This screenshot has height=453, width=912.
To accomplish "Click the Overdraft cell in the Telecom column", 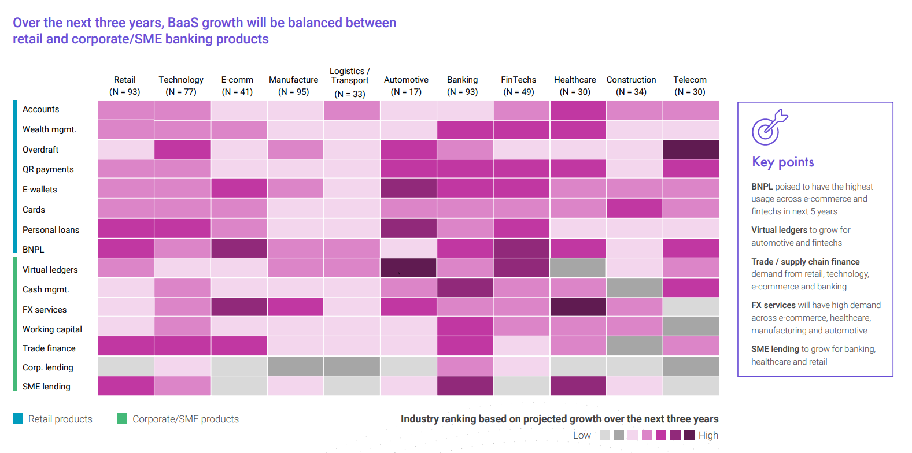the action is tap(691, 149).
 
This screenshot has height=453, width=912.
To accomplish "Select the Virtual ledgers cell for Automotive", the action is tap(408, 268).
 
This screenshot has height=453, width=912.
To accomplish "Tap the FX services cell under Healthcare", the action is tap(578, 307).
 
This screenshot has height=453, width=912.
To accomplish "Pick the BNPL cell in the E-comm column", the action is tap(239, 248).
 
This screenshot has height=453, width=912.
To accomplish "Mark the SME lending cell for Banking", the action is tap(465, 386).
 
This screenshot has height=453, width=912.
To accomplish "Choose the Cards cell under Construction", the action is tap(634, 208).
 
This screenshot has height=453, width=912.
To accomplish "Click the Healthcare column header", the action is tap(575, 86).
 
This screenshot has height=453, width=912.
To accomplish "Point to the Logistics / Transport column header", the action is tap(350, 83).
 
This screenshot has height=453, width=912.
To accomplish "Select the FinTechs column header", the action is tap(518, 86).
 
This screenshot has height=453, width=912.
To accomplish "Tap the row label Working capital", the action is tap(52, 329).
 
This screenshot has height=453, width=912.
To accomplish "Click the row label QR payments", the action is tap(48, 169).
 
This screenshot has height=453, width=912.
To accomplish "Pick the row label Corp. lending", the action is tap(47, 367).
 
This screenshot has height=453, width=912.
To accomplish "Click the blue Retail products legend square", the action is tap(18, 418).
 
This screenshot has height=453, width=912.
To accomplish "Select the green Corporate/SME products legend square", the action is tap(122, 418).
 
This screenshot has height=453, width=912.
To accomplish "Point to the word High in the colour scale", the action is tap(708, 435).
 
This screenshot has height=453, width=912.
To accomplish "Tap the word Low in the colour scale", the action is tap(582, 435).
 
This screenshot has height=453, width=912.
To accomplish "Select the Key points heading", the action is tap(782, 162).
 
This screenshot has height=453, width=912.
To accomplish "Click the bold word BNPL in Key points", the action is tap(762, 187).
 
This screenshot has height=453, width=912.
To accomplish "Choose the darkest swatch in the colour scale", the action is tap(689, 435).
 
